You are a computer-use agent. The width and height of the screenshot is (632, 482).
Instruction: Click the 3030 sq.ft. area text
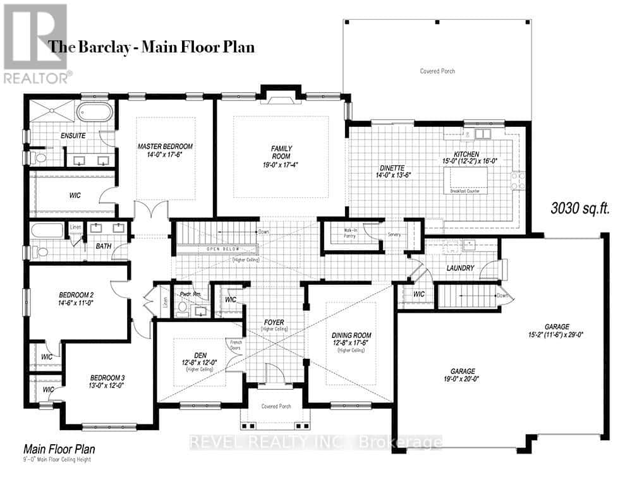[x=579, y=208]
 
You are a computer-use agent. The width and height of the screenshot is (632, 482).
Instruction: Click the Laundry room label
[x=460, y=268]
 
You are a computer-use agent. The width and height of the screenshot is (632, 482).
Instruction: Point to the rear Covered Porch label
[x=437, y=71]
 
